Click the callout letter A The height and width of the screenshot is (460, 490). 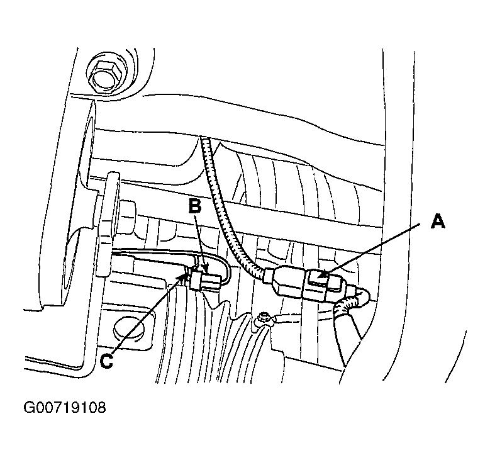tap(438, 222)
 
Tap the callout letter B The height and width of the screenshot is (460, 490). tap(195, 206)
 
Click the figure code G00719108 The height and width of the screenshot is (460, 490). tap(65, 408)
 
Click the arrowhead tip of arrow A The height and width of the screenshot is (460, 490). tap(319, 278)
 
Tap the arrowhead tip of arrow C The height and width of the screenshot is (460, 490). tap(187, 273)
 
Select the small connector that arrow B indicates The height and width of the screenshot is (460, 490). tap(206, 280)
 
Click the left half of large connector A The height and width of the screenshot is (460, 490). tap(287, 280)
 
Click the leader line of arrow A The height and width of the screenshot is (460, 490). tap(370, 250)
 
